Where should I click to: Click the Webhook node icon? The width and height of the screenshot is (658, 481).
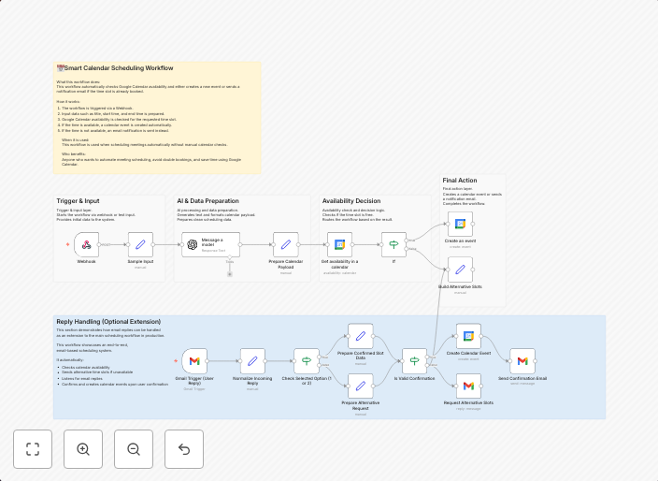[86, 245]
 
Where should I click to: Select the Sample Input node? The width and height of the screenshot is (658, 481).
[140, 245]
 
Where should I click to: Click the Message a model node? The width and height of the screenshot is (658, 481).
[210, 245]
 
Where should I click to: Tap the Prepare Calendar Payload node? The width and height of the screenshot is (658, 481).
[286, 245]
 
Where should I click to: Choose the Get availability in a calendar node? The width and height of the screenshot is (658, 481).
[339, 245]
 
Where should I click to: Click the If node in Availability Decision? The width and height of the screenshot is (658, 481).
[393, 245]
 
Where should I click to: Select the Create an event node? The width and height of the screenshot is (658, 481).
[460, 224]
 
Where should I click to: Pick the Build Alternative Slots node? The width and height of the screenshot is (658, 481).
[460, 270]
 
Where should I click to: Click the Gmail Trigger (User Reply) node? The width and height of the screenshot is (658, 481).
[194, 361]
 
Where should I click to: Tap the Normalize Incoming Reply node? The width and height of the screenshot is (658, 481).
[252, 361]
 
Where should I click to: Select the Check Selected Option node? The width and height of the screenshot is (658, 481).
[307, 361]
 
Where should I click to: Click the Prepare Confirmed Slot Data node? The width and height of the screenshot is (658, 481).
[361, 337]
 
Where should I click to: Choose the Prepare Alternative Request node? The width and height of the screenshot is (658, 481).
[361, 386]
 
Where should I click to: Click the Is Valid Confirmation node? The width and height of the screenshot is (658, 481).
[415, 361]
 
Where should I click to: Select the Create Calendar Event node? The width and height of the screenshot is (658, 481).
[468, 337]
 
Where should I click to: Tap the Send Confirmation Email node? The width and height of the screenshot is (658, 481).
[522, 361]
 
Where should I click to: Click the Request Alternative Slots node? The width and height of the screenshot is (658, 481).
[468, 386]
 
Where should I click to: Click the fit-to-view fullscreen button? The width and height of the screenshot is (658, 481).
[33, 449]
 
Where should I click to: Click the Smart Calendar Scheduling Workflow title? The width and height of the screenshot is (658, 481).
[118, 68]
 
